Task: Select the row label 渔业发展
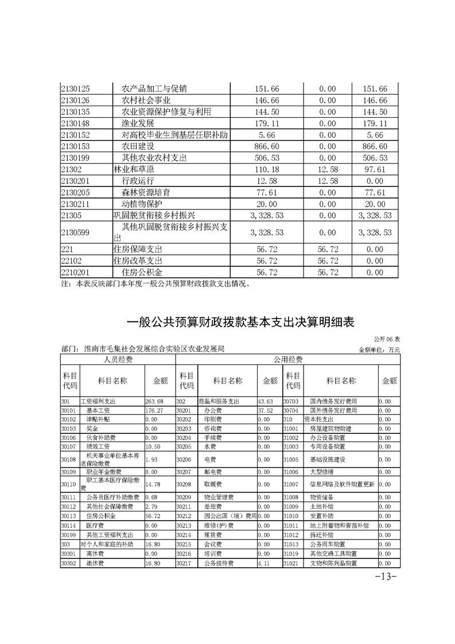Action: [138, 123]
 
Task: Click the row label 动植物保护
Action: [142, 204]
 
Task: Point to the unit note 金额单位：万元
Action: [379, 349]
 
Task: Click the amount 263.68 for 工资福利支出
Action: [155, 401]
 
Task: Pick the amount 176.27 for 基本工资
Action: [155, 410]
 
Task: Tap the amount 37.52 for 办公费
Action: [265, 410]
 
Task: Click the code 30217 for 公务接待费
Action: [184, 564]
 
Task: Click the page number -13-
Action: [386, 577]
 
